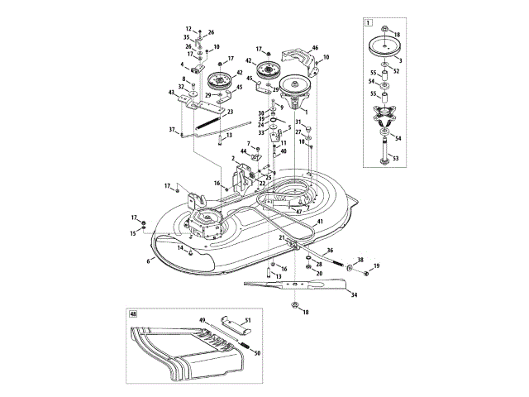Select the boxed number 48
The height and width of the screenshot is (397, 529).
coord(132,314)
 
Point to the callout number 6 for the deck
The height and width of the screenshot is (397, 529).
coord(149,261)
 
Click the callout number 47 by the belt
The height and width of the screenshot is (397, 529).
coord(298,212)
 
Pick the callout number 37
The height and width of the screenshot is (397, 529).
coord(172,130)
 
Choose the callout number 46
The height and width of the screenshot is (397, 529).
coord(314,50)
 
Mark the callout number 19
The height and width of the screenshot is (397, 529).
coord(376,265)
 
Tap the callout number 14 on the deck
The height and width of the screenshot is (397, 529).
coord(179,248)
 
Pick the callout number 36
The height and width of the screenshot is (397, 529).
coord(329,250)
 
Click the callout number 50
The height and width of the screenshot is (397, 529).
coord(257,353)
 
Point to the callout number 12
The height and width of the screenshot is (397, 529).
coord(188,29)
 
